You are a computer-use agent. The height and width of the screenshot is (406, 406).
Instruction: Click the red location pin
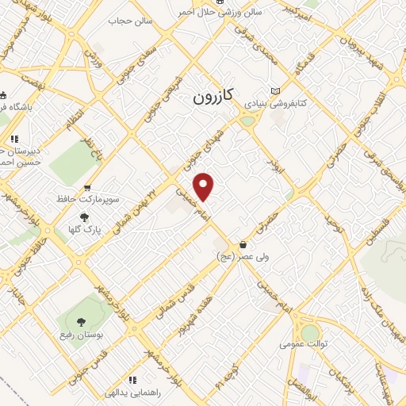coord(205,186)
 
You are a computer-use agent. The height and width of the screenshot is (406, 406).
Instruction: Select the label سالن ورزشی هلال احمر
coord(240,13)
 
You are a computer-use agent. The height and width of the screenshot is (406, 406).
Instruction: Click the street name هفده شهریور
coord(196,314)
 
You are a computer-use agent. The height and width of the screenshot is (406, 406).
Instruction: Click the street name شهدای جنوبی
coord(189,158)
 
